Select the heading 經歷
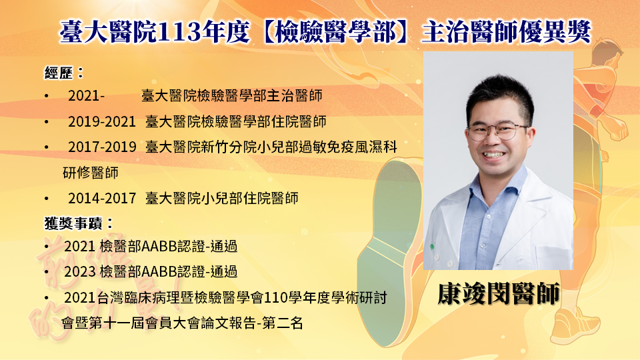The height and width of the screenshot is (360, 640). (59, 73)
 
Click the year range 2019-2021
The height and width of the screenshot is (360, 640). (101, 121)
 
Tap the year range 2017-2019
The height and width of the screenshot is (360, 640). (102, 147)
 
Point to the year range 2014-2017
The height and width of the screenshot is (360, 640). (101, 199)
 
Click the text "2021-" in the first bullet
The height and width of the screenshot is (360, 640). (86, 96)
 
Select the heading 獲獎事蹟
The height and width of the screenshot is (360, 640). (73, 223)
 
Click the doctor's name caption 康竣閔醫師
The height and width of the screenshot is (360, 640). (499, 293)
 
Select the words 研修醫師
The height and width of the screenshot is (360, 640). (91, 173)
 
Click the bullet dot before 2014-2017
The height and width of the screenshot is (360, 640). (47, 199)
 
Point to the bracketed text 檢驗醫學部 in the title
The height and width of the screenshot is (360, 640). (335, 32)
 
